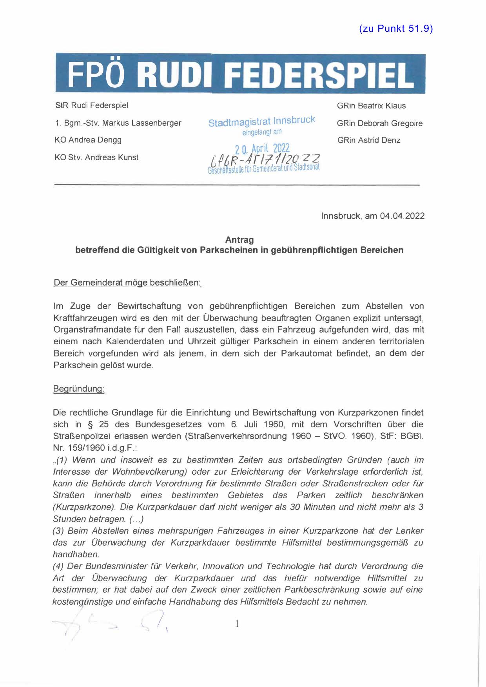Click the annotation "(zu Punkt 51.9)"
coord(395,29)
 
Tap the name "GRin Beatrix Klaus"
coord(371,106)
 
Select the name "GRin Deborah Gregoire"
coord(379,123)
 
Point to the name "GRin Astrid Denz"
coord(368,140)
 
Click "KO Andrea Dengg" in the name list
coord(88,140)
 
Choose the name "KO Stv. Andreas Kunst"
coord(96,157)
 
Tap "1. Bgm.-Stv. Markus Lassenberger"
coord(118,123)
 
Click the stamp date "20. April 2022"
coord(262,148)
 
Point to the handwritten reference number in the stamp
coord(265,159)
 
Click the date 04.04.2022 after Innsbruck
coord(402,216)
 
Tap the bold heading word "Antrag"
coord(239,240)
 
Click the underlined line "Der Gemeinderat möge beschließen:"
coord(127,282)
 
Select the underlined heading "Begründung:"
coord(79,389)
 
